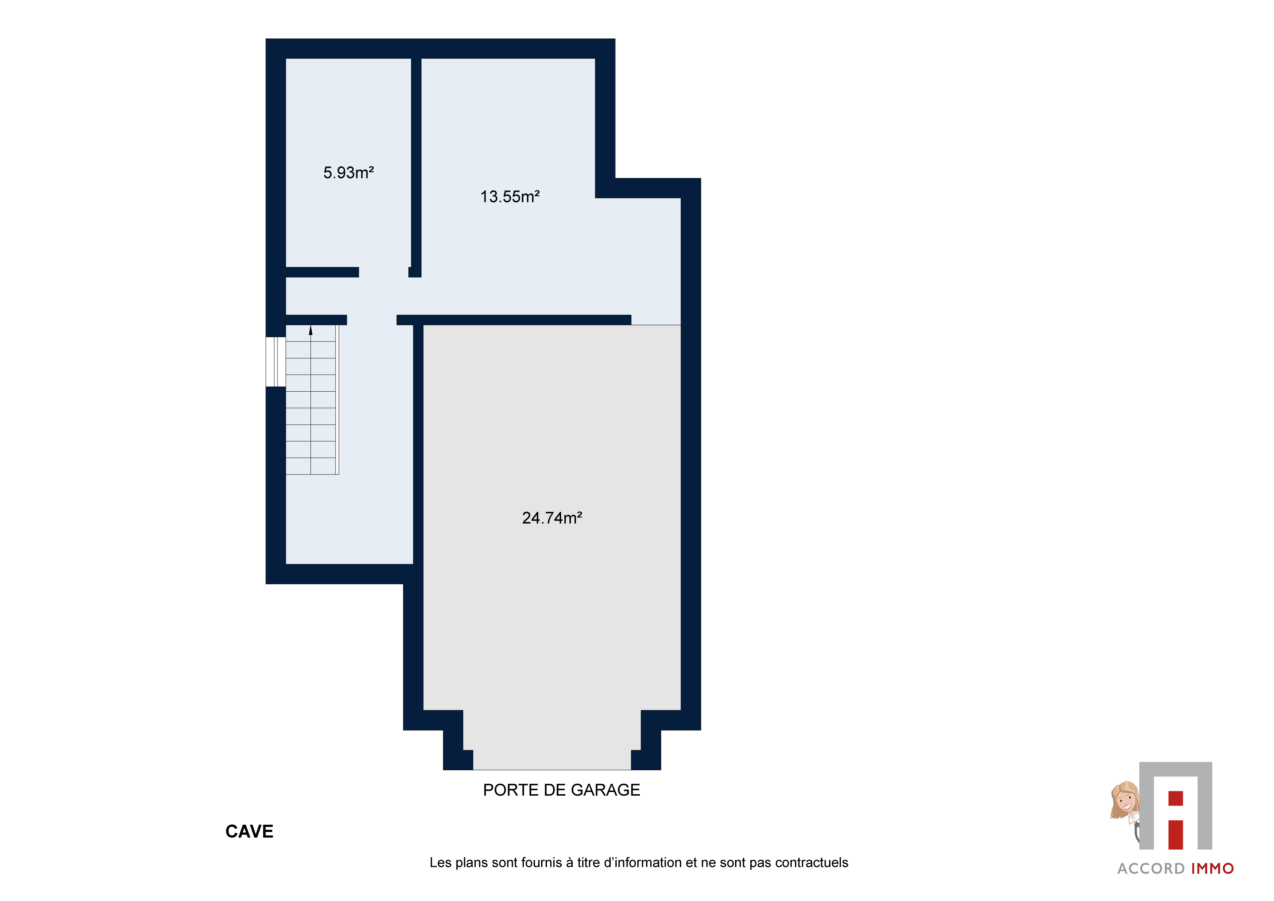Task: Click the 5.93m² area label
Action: [349, 173]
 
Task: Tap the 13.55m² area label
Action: [510, 197]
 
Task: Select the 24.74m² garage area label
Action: [552, 518]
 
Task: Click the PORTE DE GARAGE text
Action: [561, 790]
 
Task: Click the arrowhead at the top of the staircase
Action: [311, 330]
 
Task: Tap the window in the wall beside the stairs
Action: [276, 361]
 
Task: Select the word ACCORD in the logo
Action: [1151, 869]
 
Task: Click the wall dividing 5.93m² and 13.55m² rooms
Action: [416, 166]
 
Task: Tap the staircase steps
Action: [311, 400]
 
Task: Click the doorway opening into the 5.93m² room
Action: [384, 272]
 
